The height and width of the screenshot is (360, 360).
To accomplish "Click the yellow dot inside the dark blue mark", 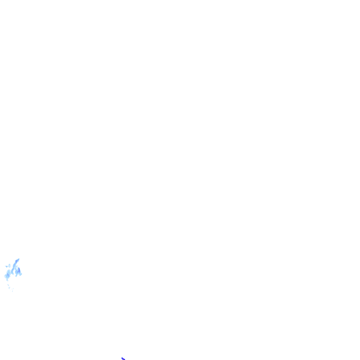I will coord(123,359).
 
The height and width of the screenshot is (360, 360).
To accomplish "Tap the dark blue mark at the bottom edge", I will coord(123,359).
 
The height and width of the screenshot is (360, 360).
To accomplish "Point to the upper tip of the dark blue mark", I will coord(122,357).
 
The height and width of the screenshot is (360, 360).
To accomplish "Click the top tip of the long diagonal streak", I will coord(19,259).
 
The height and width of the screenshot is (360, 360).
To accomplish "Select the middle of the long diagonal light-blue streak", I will coord(15,266).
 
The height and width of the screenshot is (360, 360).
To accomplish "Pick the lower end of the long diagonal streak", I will coord(12,273).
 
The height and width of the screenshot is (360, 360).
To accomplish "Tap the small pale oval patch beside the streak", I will coord(9,266).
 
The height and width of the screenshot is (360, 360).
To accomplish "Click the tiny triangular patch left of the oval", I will coord(7,266).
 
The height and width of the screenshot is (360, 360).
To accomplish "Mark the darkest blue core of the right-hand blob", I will coord(19,270).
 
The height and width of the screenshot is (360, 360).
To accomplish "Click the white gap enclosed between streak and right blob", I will coord(14,271).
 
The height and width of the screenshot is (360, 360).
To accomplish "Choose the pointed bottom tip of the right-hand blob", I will coord(16,276).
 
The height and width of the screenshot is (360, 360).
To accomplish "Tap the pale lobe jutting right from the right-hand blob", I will coord(21,274).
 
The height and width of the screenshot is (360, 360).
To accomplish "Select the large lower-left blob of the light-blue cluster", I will coord(7,275).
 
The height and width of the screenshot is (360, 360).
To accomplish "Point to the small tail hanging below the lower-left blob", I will coord(7,280).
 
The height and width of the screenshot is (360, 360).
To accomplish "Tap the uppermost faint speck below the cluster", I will coord(8,285).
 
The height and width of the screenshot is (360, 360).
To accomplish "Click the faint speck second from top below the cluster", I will coord(9,288).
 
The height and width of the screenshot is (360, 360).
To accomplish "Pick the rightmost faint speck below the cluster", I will coord(13,289).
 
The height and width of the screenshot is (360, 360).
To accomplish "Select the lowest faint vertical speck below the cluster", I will coord(12,291).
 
